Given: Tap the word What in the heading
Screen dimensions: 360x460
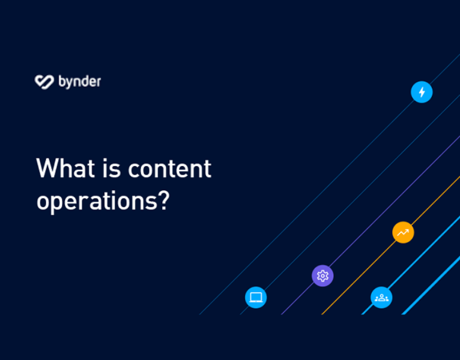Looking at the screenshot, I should pyautogui.click(x=60, y=168).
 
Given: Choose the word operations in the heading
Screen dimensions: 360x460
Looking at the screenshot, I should pyautogui.click(x=96, y=201).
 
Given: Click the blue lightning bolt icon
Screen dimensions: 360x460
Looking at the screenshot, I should pyautogui.click(x=422, y=92).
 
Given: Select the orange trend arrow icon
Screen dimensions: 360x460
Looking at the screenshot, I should pyautogui.click(x=403, y=232).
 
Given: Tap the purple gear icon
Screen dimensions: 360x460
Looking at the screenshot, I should pyautogui.click(x=322, y=276).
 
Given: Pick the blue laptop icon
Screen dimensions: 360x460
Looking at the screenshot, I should pyautogui.click(x=256, y=297).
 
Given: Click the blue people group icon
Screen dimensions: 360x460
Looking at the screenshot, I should pyautogui.click(x=381, y=297).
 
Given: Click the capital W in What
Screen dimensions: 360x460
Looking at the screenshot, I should pyautogui.click(x=46, y=168).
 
